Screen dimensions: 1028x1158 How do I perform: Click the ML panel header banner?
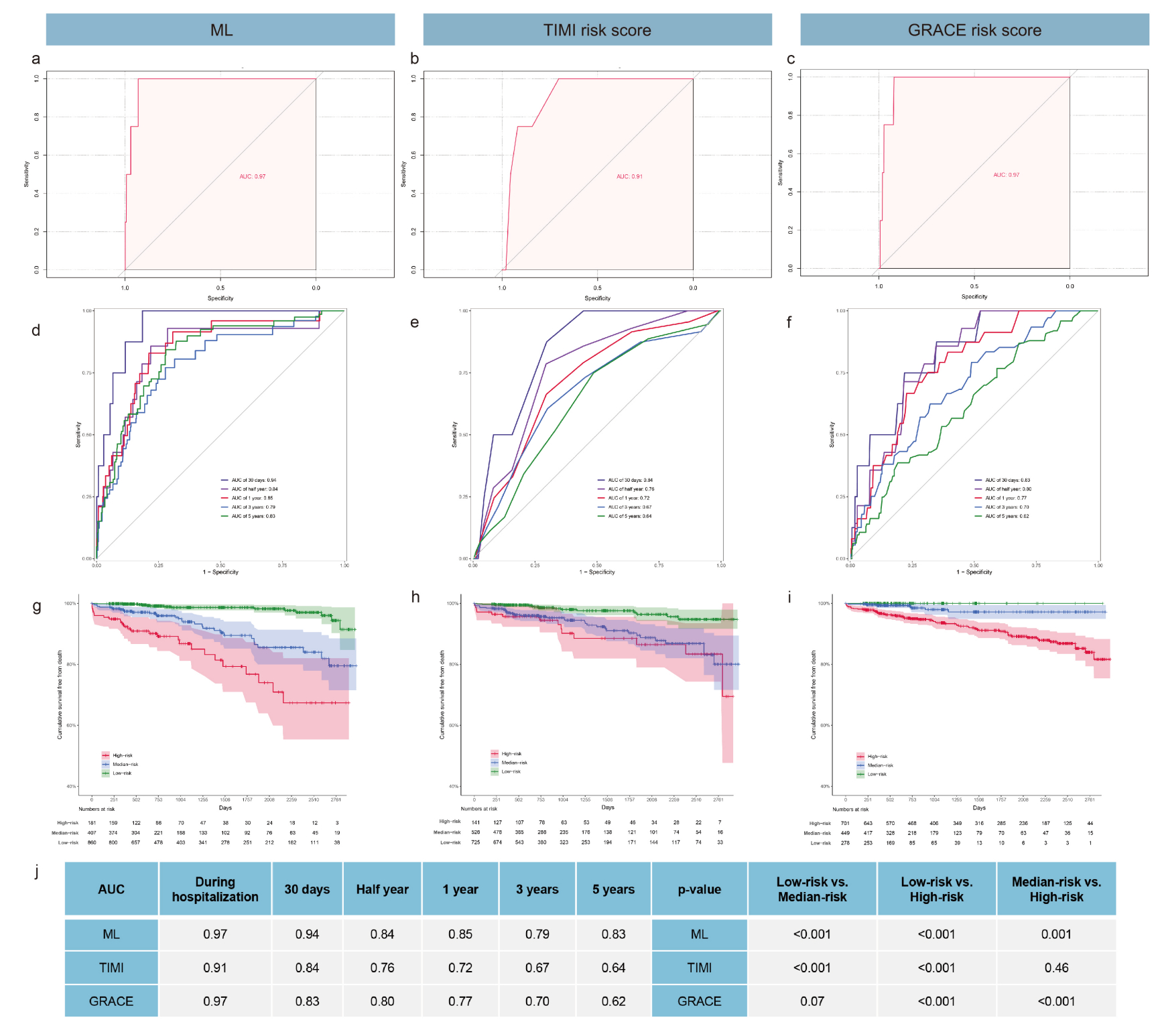click(x=220, y=30)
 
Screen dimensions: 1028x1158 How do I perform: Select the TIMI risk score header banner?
click(x=597, y=30)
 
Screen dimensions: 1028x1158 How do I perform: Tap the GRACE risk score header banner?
click(x=974, y=30)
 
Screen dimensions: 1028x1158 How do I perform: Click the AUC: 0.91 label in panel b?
click(x=629, y=177)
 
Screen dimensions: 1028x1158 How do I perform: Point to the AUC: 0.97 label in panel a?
click(x=253, y=177)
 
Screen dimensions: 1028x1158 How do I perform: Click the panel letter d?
click(x=36, y=330)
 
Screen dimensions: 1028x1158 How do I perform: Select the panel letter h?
click(x=415, y=597)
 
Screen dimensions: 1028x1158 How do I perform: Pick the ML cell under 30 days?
click(x=307, y=934)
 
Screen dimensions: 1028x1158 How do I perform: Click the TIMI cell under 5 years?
click(x=613, y=968)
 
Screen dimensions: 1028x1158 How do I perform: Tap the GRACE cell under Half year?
click(x=382, y=1001)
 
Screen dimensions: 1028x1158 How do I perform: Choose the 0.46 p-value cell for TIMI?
click(x=1056, y=968)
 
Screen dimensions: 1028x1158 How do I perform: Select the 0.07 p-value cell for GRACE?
click(x=812, y=1001)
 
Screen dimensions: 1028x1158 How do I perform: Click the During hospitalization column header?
click(x=215, y=889)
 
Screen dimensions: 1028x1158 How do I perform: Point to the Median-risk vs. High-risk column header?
click(x=1056, y=889)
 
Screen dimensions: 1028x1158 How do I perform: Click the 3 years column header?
click(x=537, y=889)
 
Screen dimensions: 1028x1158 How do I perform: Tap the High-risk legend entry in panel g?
click(x=121, y=755)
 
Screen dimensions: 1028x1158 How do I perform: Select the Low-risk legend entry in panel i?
click(x=876, y=774)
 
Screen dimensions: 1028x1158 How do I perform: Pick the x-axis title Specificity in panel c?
click(x=974, y=296)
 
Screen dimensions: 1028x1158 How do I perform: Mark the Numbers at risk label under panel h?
click(x=478, y=809)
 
